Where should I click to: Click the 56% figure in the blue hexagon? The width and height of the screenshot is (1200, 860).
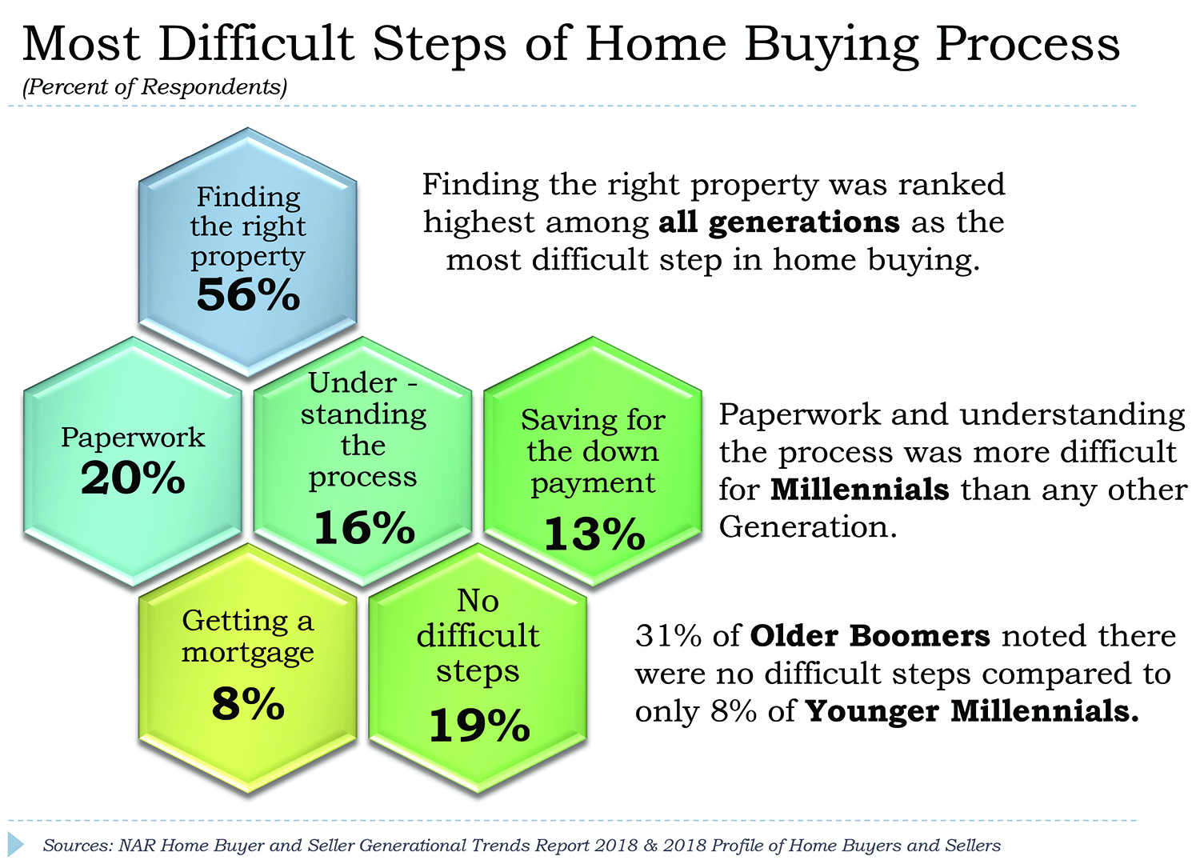click(x=248, y=294)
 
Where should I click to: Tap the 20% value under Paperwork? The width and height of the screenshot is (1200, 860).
click(x=133, y=478)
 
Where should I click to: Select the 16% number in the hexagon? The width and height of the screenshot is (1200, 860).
click(x=364, y=527)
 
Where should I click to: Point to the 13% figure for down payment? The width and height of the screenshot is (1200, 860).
click(x=594, y=534)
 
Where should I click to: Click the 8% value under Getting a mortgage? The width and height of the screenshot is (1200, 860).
click(x=248, y=703)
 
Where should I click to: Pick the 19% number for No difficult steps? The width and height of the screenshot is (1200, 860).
click(x=479, y=726)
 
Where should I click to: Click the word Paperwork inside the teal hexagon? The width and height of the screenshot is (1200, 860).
click(x=133, y=438)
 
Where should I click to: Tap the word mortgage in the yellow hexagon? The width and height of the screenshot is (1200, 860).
click(x=247, y=654)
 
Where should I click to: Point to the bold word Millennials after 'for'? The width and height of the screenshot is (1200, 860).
click(x=859, y=490)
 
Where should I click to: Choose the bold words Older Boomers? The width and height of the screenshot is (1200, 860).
click(x=870, y=636)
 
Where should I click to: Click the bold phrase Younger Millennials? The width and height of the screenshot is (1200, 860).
click(x=972, y=711)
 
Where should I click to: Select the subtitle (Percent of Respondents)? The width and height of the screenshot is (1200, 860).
click(x=155, y=87)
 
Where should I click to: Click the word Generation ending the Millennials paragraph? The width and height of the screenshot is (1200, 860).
click(x=808, y=527)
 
